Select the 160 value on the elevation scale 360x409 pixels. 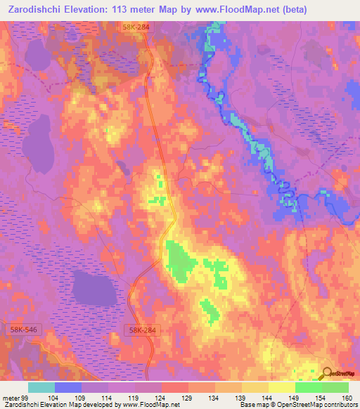pos(347,397)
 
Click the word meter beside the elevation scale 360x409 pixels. pos(12,397)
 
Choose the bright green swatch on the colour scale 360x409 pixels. pos(309,387)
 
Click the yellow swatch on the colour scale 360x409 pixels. pos(282,387)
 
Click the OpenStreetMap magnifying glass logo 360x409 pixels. pos(327,373)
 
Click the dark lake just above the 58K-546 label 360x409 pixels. pos(95,287)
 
